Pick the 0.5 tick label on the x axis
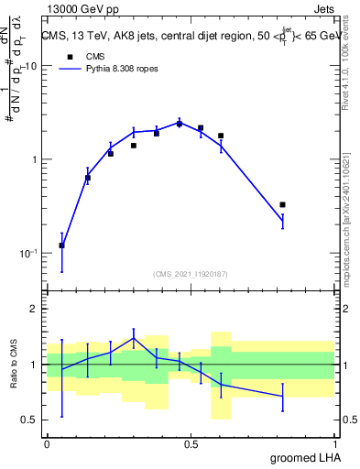click(x=191, y=442)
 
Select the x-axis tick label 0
click(x=47, y=442)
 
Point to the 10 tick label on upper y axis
click(x=29, y=66)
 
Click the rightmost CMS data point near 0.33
click(x=282, y=204)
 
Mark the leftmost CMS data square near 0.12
click(x=61, y=245)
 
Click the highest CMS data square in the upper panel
click(x=180, y=124)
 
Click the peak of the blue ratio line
click(x=134, y=338)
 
